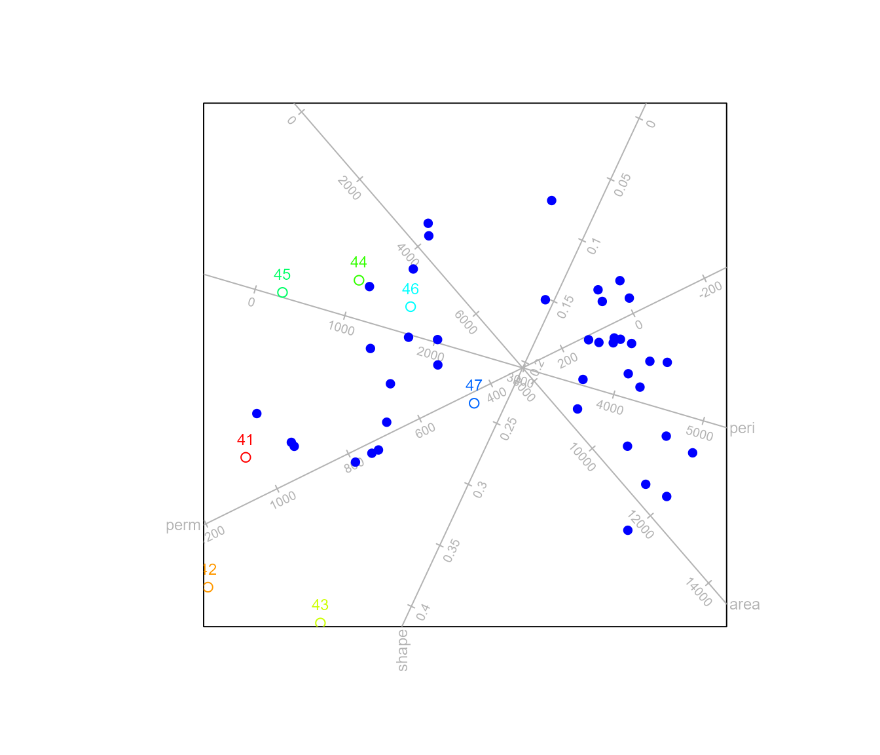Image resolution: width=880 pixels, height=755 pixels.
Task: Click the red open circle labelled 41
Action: click(x=246, y=457)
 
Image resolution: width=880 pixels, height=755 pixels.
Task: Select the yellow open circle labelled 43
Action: click(x=320, y=623)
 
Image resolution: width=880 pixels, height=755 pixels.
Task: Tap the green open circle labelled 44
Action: click(x=359, y=281)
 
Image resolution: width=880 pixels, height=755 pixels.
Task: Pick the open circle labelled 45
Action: click(x=282, y=292)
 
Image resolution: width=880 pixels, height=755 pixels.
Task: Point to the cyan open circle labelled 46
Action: click(x=411, y=307)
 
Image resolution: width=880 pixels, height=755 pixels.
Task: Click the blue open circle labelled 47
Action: click(x=474, y=404)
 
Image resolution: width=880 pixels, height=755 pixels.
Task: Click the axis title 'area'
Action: click(x=744, y=604)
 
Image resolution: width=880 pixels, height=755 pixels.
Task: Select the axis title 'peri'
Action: click(x=742, y=429)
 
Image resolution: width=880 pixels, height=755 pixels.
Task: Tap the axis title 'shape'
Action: click(x=402, y=650)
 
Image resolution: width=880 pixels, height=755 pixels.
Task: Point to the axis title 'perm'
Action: click(x=183, y=526)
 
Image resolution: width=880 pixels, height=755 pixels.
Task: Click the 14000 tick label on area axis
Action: click(x=699, y=592)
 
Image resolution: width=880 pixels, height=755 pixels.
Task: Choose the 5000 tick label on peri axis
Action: click(x=699, y=434)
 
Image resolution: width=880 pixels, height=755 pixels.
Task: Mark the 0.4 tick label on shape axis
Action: click(x=423, y=612)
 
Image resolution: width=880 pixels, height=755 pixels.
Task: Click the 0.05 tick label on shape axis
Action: click(x=623, y=185)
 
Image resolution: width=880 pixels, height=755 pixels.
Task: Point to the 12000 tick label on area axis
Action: click(x=640, y=525)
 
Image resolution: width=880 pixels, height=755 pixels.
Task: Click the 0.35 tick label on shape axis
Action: click(x=452, y=551)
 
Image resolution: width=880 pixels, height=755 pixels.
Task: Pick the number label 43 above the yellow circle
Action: click(x=320, y=605)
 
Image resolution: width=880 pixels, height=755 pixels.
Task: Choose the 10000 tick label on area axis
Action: click(x=582, y=457)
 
